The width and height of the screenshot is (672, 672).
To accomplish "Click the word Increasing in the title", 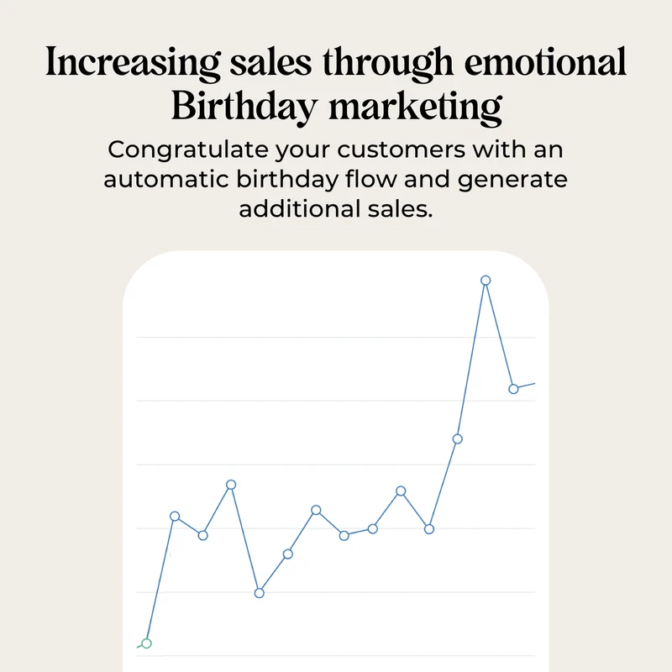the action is click(x=133, y=63).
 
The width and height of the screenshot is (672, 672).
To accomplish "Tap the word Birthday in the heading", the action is click(x=244, y=108).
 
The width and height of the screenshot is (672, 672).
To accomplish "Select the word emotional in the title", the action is click(x=545, y=62).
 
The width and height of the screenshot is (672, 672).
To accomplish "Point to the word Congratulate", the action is click(x=188, y=151).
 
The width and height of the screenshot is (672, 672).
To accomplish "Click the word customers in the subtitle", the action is click(x=402, y=150).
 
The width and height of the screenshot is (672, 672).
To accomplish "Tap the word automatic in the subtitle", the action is click(x=165, y=179).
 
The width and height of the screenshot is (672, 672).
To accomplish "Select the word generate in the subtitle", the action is click(x=512, y=181).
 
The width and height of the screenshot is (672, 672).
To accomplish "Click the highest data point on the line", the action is click(x=486, y=281).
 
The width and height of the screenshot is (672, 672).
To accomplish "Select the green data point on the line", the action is click(x=146, y=643).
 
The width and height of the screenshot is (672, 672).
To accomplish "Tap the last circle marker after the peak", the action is click(x=513, y=389).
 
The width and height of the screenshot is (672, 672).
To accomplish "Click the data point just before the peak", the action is click(x=457, y=438).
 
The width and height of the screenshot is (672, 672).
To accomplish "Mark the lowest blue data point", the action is click(x=260, y=593).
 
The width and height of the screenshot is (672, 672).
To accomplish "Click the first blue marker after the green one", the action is click(x=175, y=516).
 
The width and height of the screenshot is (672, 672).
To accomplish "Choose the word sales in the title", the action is click(x=270, y=62).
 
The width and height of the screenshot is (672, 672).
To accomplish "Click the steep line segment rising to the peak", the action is click(x=471, y=360).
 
